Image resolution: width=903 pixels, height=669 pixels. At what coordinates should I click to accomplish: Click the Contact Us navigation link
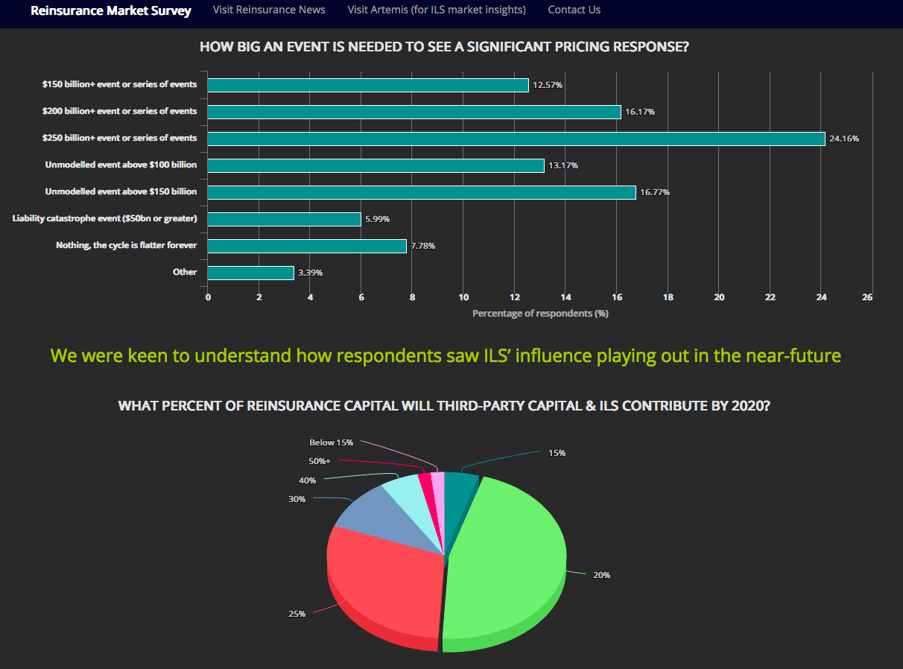click(x=574, y=10)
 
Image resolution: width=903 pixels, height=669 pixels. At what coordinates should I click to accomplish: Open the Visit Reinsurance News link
click(x=269, y=10)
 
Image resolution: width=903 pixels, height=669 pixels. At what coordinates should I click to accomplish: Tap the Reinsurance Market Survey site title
click(x=111, y=10)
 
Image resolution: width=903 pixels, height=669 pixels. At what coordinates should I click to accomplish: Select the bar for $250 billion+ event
click(x=516, y=139)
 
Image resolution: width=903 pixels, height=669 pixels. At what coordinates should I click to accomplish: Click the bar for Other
click(x=250, y=273)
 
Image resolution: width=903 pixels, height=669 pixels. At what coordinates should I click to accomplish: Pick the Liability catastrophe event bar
click(x=284, y=219)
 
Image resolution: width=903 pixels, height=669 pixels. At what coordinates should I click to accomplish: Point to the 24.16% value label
click(x=843, y=139)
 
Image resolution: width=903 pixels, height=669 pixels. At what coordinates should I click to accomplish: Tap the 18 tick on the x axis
click(x=668, y=297)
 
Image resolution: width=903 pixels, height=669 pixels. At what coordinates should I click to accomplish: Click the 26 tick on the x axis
click(x=867, y=297)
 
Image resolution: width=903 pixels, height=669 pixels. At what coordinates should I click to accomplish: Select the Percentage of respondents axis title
click(x=540, y=314)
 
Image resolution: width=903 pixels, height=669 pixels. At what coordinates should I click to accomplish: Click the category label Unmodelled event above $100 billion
click(x=121, y=165)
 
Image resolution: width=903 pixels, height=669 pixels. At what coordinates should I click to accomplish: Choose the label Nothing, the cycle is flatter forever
click(x=126, y=245)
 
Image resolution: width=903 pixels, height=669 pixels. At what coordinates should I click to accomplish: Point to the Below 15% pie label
click(x=331, y=443)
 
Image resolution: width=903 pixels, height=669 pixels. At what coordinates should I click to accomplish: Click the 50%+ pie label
click(x=319, y=461)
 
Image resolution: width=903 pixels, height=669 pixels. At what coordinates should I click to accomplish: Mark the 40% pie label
click(x=307, y=481)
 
